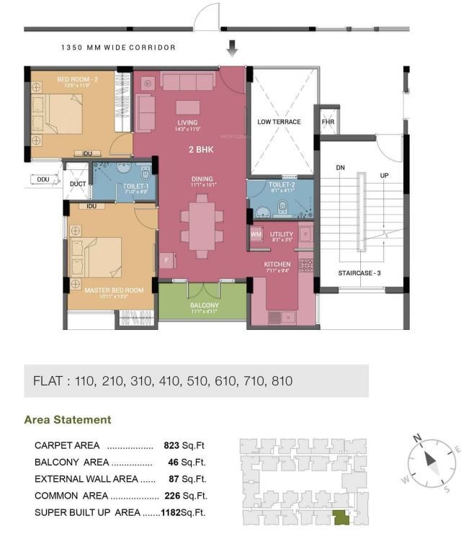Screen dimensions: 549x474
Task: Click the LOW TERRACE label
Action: point(279,122)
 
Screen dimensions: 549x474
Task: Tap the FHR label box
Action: point(328,122)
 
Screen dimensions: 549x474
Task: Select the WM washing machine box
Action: point(256,234)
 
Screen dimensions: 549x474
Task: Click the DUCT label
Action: point(78,184)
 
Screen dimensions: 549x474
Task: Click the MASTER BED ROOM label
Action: point(113,290)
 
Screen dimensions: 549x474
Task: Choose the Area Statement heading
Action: point(68,419)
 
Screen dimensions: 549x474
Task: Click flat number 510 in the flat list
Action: point(190,380)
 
